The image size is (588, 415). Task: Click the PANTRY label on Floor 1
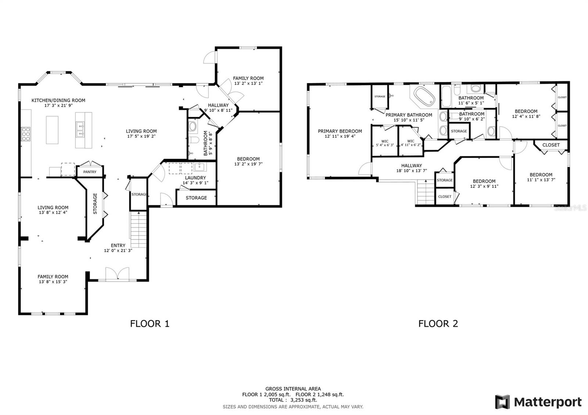coord(90,172)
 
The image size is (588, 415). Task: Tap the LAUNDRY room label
coord(195,178)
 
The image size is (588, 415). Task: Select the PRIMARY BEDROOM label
coord(340,131)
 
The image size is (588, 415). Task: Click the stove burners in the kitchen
coord(26,134)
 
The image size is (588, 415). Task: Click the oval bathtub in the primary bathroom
coord(424,96)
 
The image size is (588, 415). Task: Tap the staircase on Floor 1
coord(139,230)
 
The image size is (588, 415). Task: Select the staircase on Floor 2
coord(426,192)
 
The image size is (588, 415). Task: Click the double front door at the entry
coord(117,275)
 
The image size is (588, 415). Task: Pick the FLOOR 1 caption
coord(150,324)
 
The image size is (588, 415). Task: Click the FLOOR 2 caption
coord(438,324)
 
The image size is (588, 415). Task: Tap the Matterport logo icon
coord(502,402)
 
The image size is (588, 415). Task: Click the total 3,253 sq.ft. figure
coord(301,400)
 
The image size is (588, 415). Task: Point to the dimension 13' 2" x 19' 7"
coord(248,164)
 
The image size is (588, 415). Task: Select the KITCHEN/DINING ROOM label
coord(58,100)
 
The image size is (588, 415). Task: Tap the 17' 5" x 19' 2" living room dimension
coord(141,136)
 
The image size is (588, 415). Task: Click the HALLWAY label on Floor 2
coord(411,166)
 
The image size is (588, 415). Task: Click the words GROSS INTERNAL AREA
coord(293,389)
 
